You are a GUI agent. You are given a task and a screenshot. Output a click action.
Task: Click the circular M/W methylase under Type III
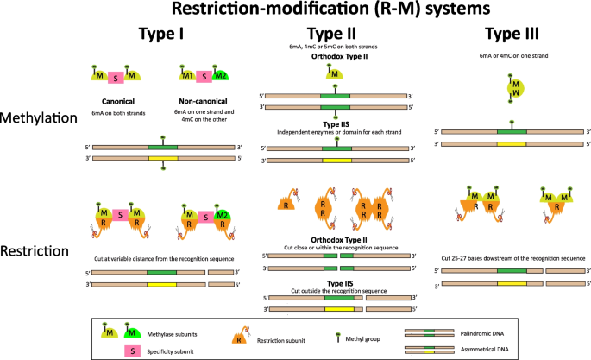click(x=513, y=87)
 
